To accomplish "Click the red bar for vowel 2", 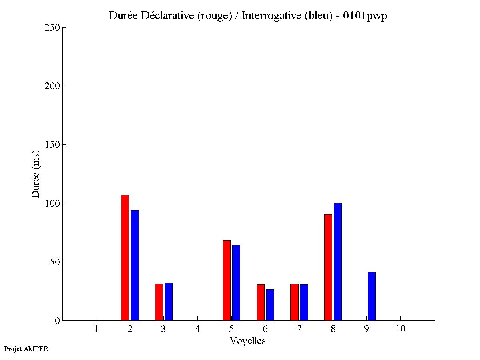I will pyautogui.click(x=125, y=258).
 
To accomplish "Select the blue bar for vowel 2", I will pyautogui.click(x=135, y=265).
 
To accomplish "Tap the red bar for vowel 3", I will pyautogui.click(x=159, y=302).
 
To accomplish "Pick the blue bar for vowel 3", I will pyautogui.click(x=169, y=302).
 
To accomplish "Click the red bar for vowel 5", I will pyautogui.click(x=227, y=280).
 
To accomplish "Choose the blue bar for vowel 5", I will pyautogui.click(x=236, y=282).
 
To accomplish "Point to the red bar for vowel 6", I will pyautogui.click(x=261, y=302).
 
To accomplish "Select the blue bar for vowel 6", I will pyautogui.click(x=270, y=305).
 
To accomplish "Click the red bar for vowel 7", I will pyautogui.click(x=294, y=302).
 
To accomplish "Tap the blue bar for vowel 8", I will pyautogui.click(x=338, y=262).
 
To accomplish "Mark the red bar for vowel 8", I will pyautogui.click(x=328, y=267).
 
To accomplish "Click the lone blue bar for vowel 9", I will pyautogui.click(x=372, y=296).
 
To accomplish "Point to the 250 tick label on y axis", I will pyautogui.click(x=52, y=28).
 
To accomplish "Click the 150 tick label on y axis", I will pyautogui.click(x=52, y=145).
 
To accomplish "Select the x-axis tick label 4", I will pyautogui.click(x=197, y=329).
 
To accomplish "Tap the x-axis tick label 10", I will pyautogui.click(x=400, y=329).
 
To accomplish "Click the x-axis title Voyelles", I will pyautogui.click(x=248, y=341).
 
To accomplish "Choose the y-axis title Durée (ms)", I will pyautogui.click(x=36, y=174).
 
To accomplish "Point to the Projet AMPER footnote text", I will pyautogui.click(x=26, y=349).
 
